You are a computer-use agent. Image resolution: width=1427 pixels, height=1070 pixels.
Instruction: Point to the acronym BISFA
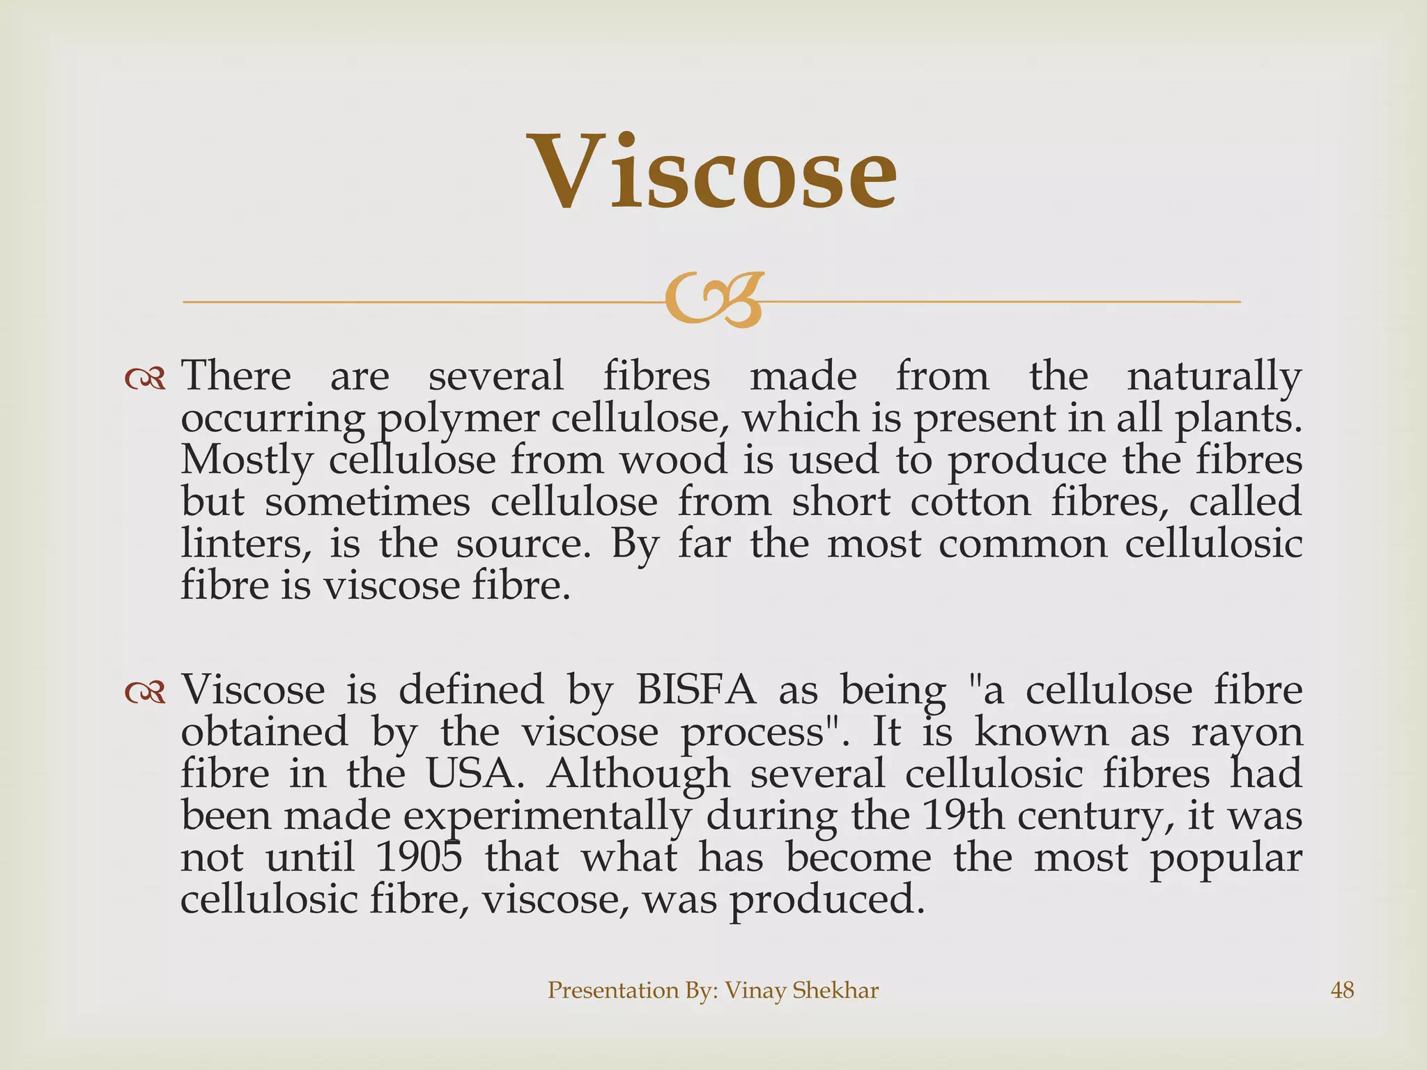695,690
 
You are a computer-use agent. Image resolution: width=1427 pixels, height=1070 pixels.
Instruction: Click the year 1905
419,858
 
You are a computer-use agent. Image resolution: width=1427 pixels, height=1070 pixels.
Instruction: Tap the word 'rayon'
1247,734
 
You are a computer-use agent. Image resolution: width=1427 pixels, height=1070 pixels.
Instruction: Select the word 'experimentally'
548,817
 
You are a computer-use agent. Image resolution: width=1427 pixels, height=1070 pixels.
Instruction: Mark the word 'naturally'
1214,378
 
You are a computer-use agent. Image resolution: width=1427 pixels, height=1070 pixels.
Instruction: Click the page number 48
1342,990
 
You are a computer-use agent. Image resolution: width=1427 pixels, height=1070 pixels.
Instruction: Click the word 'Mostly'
246,462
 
